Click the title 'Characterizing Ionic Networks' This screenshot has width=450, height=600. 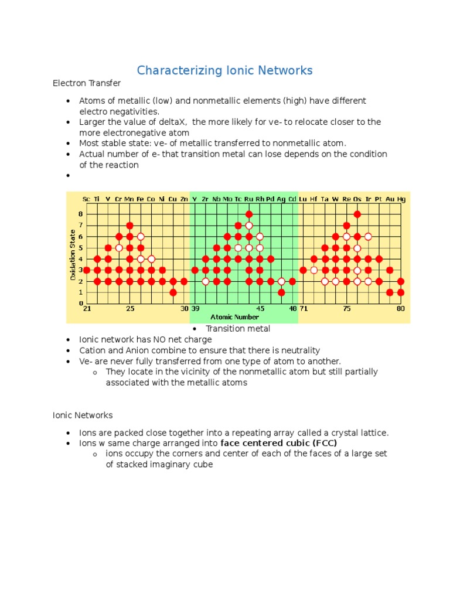tap(224, 71)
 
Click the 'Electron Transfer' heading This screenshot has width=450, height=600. tap(87, 83)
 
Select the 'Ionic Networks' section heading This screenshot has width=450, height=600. tap(83, 415)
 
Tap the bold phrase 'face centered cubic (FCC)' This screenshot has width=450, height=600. tap(278, 443)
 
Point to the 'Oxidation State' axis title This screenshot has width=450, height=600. tap(73, 255)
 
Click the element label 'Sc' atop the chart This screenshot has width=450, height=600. tap(87, 199)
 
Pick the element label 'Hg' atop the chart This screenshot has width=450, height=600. tap(401, 199)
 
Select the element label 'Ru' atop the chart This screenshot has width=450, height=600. tap(248, 199)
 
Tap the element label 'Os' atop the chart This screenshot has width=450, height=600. tap(357, 199)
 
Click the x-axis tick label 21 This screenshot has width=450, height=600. tap(87, 309)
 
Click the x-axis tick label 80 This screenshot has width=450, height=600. tap(401, 309)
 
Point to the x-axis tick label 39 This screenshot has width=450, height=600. tap(195, 309)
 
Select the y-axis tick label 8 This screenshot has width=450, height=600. tap(81, 214)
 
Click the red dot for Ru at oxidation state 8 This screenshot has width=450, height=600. tap(249, 214)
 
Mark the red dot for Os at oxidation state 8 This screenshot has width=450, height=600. tap(357, 214)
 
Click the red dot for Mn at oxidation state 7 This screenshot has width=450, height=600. tap(130, 226)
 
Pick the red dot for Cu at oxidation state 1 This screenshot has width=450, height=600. tap(173, 292)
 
